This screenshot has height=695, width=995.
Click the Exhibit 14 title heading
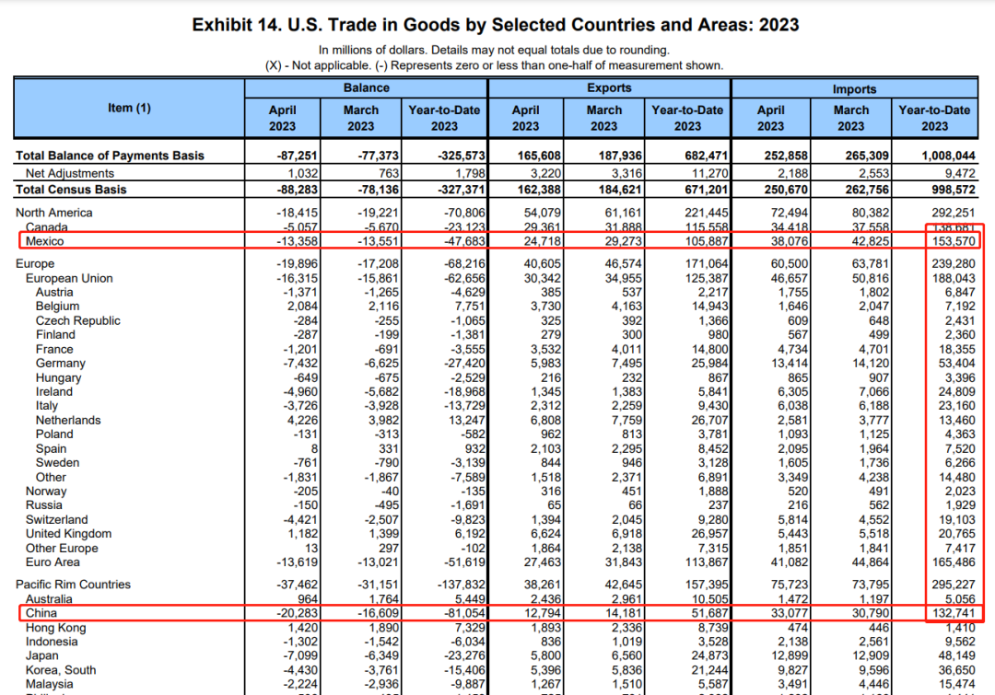click(x=495, y=24)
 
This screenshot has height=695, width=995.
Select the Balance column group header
click(x=366, y=88)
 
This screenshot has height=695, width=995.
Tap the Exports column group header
click(x=609, y=88)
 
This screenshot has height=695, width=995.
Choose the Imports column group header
click(x=854, y=88)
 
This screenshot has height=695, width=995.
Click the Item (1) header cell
click(x=129, y=108)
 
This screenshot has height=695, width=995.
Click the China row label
click(x=41, y=613)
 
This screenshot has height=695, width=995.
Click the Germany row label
click(x=61, y=364)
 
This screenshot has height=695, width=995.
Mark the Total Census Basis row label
click(x=71, y=190)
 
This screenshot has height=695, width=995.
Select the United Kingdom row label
click(x=68, y=534)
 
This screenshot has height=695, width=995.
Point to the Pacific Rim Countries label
click(x=74, y=585)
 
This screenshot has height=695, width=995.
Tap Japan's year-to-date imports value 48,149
click(x=956, y=655)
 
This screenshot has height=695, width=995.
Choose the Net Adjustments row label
click(x=70, y=173)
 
